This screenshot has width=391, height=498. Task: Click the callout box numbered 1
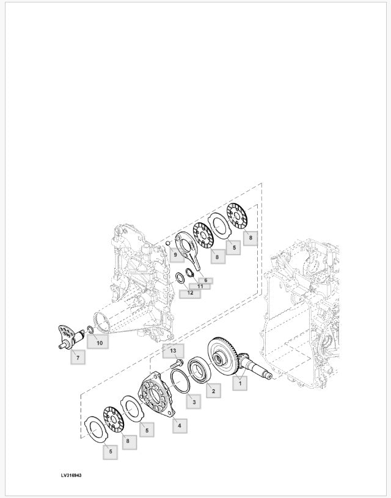pyautogui.click(x=240, y=383)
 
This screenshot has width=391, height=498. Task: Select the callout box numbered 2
pyautogui.click(x=213, y=390)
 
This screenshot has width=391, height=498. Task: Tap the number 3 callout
pyautogui.click(x=192, y=401)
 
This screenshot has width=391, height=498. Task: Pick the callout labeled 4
pyautogui.click(x=180, y=425)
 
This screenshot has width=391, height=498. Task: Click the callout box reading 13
pyautogui.click(x=173, y=350)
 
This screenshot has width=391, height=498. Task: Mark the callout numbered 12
pyautogui.click(x=190, y=293)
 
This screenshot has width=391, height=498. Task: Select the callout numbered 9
pyautogui.click(x=175, y=254)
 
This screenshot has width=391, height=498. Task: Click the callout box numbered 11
pyautogui.click(x=200, y=286)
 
